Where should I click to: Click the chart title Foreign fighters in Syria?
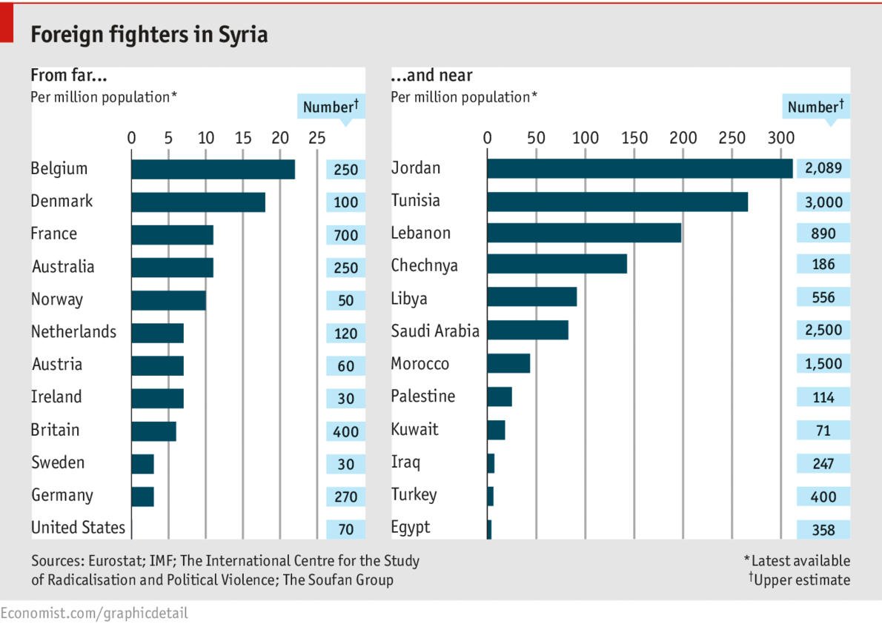click(x=148, y=35)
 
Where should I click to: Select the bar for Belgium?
click(x=213, y=169)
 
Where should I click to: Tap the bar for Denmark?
click(x=198, y=202)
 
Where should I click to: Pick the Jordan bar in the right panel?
click(x=640, y=169)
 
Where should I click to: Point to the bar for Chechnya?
click(x=557, y=264)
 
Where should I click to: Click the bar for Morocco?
click(x=508, y=363)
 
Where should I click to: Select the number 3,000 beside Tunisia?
click(x=823, y=202)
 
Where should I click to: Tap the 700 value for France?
click(x=345, y=236)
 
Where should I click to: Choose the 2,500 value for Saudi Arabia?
click(x=823, y=330)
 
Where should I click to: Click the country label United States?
click(x=78, y=528)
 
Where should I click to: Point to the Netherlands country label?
click(x=73, y=332)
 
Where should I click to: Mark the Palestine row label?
click(x=422, y=397)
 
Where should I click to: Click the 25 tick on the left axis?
click(x=316, y=137)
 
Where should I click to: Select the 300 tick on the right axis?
click(x=780, y=137)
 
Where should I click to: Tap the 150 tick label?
click(x=634, y=137)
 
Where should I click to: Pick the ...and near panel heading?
click(x=431, y=76)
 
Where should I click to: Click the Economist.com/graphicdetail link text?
click(x=94, y=613)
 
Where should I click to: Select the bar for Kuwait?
click(x=496, y=430)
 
